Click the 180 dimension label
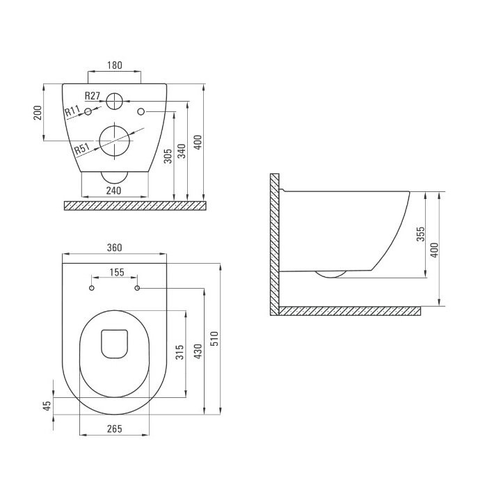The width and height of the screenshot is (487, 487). click(x=115, y=65)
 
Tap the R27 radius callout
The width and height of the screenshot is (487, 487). click(x=93, y=96)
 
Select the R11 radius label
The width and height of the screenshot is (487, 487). click(x=72, y=111)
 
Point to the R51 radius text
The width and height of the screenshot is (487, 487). click(x=82, y=149)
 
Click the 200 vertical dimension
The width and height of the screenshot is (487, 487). click(x=38, y=113)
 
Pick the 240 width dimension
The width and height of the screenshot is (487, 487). click(x=113, y=191)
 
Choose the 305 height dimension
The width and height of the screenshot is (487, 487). click(x=168, y=157)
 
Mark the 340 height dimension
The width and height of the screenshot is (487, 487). click(x=182, y=151)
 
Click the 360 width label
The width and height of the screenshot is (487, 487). click(x=115, y=248)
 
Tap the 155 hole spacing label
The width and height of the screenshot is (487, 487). click(x=117, y=272)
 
